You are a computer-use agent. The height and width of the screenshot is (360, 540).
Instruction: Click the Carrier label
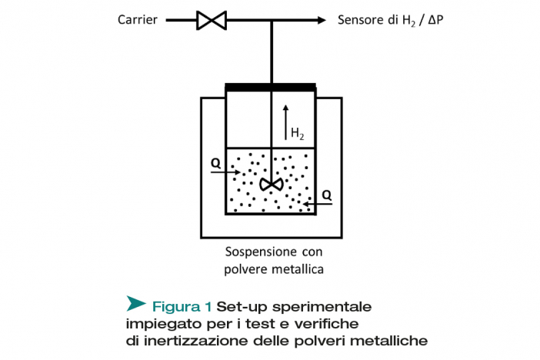(x=138, y=20)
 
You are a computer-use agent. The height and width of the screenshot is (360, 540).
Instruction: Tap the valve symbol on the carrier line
(x=212, y=20)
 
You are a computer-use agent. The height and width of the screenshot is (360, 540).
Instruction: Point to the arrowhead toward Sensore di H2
(x=322, y=20)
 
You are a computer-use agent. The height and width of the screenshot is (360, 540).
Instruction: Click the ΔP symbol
(x=435, y=20)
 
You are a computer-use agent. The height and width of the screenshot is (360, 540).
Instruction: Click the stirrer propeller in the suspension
(x=272, y=185)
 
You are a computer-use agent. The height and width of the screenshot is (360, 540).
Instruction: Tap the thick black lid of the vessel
(x=270, y=87)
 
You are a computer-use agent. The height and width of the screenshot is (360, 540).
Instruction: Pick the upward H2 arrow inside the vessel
(x=285, y=122)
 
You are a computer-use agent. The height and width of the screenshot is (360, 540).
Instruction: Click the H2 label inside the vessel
(x=298, y=133)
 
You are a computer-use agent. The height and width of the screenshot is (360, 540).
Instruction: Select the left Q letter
(x=215, y=162)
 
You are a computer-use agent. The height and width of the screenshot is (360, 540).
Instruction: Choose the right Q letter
(x=326, y=195)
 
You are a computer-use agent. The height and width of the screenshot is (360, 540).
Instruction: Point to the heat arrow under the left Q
(x=225, y=172)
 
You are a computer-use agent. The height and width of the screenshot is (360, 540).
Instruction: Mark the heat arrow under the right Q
(x=318, y=205)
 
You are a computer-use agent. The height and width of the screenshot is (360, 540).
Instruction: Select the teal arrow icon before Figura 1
(x=135, y=303)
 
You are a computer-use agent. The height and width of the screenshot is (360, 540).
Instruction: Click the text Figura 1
(x=182, y=306)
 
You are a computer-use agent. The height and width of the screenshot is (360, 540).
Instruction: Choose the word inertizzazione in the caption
(x=196, y=341)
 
